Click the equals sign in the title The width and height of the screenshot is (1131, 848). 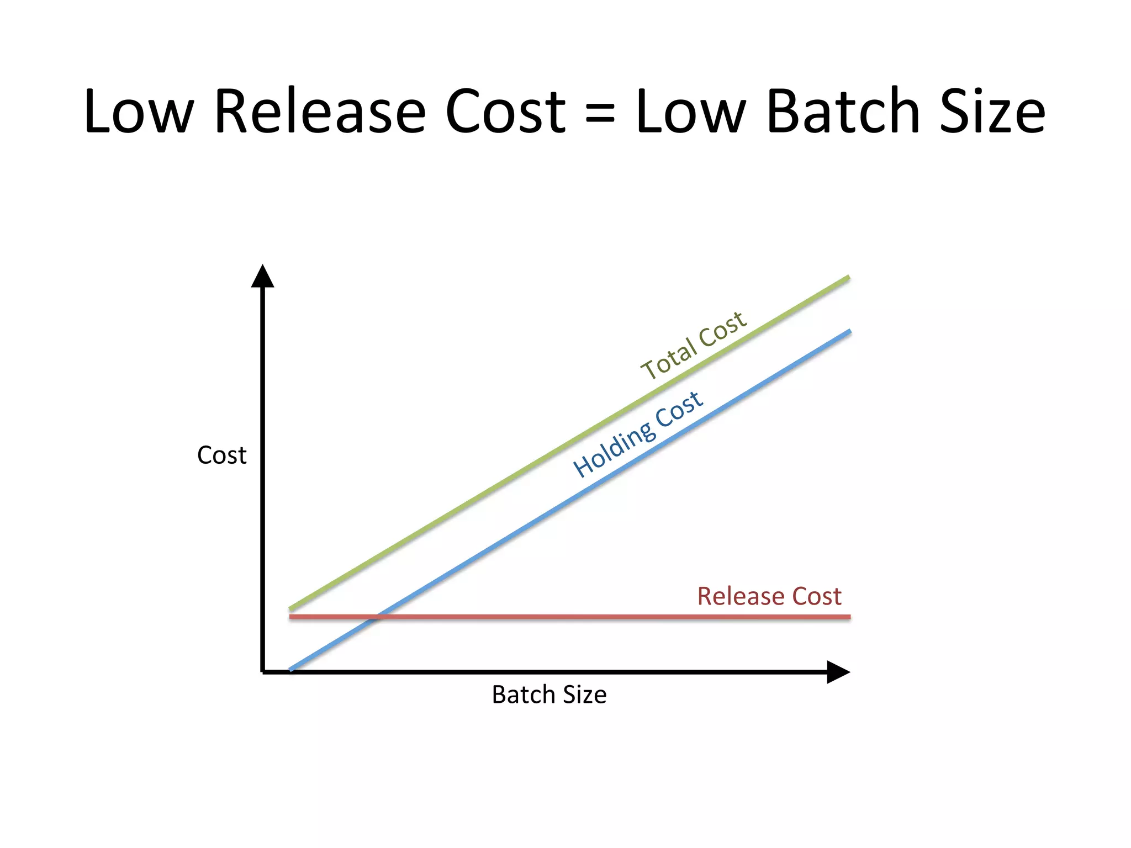[x=600, y=113]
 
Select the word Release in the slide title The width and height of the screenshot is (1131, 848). [x=320, y=112]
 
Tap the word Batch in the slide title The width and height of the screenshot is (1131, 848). [x=844, y=112]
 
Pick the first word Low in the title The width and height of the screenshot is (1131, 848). [x=139, y=112]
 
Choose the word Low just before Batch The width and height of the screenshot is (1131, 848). [x=691, y=112]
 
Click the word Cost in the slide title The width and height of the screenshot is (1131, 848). [x=505, y=112]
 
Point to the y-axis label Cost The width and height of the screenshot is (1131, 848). [x=221, y=455]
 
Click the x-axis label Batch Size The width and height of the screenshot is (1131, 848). [x=549, y=695]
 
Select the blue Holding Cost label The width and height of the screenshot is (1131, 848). [x=638, y=433]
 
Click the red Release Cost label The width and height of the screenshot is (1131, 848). [x=769, y=596]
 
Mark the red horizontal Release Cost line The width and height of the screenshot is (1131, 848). [x=607, y=617]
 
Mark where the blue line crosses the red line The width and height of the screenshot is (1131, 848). [x=377, y=617]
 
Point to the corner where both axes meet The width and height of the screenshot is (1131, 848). [x=263, y=672]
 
